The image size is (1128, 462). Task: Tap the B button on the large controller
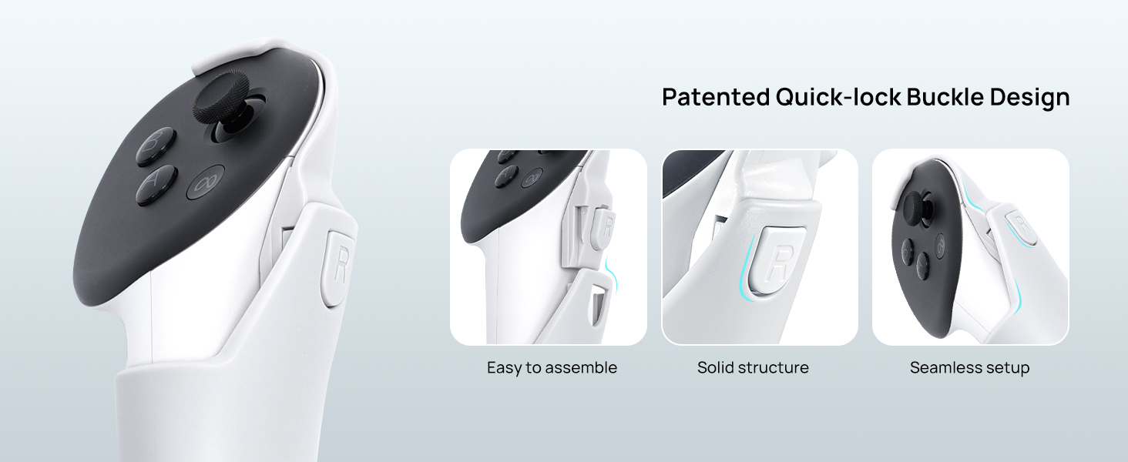[x=156, y=146]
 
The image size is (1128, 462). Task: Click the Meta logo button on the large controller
[x=206, y=182]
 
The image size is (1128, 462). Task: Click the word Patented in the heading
[x=716, y=97]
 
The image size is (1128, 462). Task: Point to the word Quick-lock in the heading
[x=838, y=97]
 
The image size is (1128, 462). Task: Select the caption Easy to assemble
[x=552, y=367]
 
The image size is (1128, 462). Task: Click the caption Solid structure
[x=753, y=367]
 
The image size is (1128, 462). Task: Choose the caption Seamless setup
[x=969, y=368]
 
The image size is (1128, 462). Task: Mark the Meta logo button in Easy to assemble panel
[x=532, y=179]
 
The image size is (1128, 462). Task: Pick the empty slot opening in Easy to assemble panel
[x=599, y=303]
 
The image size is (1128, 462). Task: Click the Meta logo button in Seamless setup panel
[x=940, y=245]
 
